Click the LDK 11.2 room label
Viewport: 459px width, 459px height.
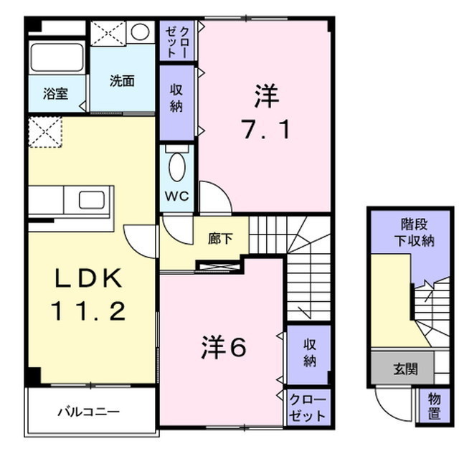(x=87, y=295)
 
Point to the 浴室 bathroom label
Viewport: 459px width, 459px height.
(x=55, y=93)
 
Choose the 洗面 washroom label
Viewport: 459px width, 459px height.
(x=122, y=81)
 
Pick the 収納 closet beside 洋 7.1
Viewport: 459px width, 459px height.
(x=176, y=100)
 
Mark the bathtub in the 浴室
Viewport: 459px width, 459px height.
(x=57, y=57)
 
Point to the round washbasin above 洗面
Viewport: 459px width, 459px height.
(x=141, y=32)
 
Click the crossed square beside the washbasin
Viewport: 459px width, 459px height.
(x=108, y=33)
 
